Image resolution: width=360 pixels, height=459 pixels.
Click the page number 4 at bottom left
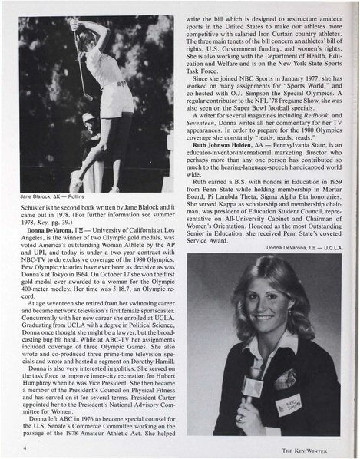point(25,445)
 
